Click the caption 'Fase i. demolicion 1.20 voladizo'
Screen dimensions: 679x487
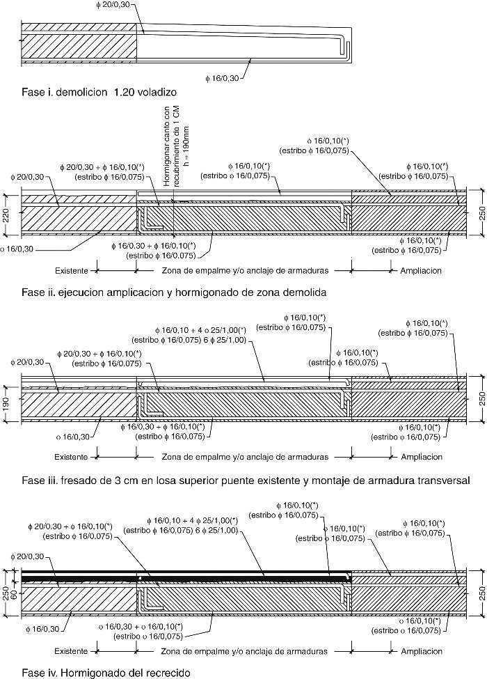pyautogui.click(x=99, y=91)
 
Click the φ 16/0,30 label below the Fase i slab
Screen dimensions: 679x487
pyautogui.click(x=223, y=78)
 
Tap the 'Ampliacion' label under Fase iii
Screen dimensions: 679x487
pyautogui.click(x=421, y=458)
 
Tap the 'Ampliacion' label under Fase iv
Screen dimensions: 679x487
pyautogui.click(x=421, y=651)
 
